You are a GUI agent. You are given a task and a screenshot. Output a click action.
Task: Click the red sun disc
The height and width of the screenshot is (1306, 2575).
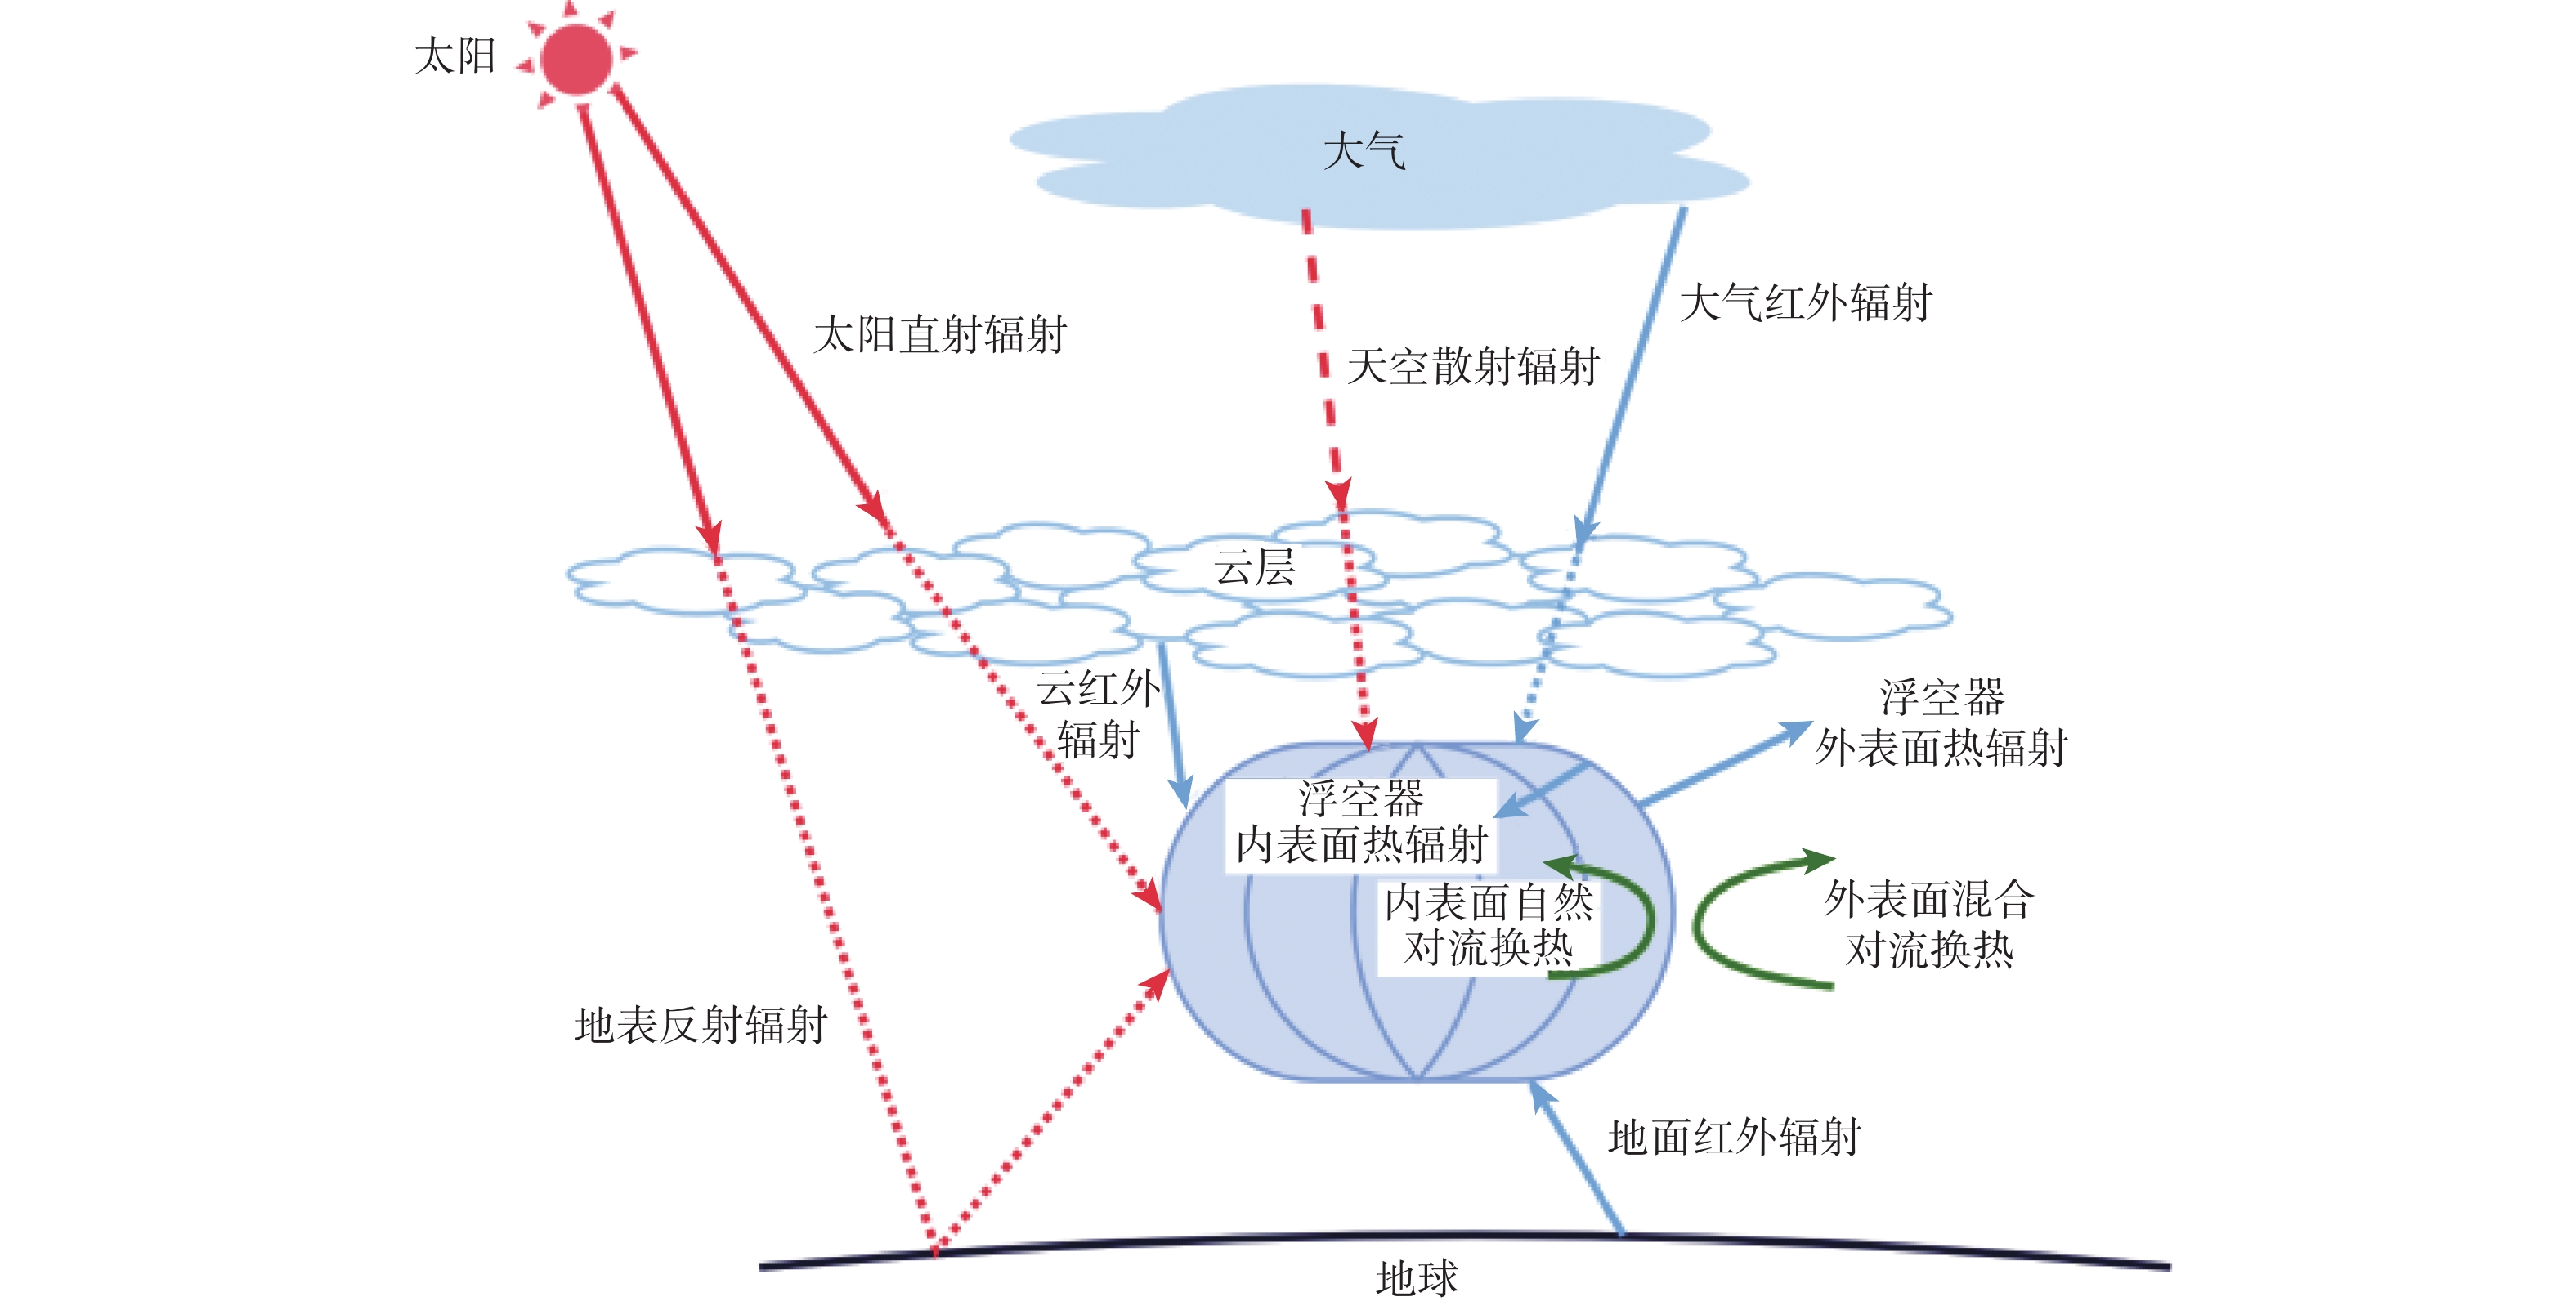click(575, 59)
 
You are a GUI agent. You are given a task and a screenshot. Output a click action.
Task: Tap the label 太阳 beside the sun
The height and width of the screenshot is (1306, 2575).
click(455, 56)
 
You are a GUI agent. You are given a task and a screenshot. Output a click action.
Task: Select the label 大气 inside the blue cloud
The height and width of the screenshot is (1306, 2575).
click(1364, 152)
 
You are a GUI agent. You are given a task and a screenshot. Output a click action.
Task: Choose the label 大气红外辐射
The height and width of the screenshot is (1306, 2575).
click(1804, 302)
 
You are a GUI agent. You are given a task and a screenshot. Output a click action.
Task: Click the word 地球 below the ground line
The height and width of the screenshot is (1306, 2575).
click(1417, 1278)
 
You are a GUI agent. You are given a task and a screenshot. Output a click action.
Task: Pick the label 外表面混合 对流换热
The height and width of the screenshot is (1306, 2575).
click(1928, 924)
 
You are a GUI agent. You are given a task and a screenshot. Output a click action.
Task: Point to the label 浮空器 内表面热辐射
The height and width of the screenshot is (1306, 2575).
click(1361, 822)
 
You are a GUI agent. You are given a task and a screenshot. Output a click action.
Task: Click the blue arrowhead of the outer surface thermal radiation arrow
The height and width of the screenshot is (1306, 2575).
click(1794, 731)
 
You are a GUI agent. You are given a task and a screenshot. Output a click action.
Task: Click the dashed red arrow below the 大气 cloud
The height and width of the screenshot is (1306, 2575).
click(1322, 350)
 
